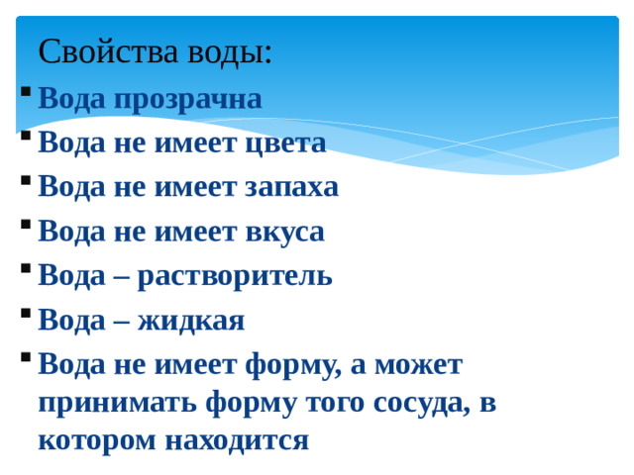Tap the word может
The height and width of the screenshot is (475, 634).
point(421,364)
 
